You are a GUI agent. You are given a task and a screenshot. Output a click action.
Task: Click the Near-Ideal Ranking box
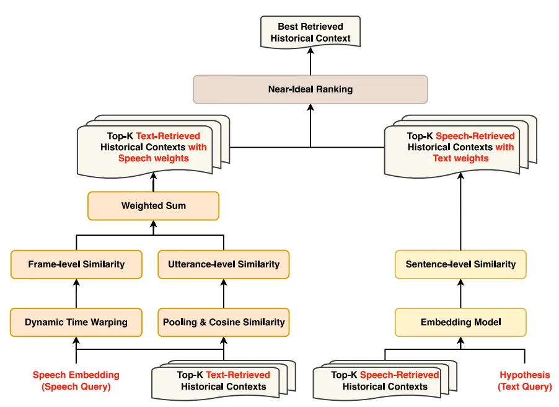click(x=310, y=89)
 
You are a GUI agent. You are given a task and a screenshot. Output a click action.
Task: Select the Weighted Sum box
click(x=153, y=206)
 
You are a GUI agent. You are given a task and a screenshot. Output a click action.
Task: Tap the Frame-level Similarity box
click(x=76, y=264)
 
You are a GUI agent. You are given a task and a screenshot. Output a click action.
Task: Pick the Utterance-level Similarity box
click(x=224, y=264)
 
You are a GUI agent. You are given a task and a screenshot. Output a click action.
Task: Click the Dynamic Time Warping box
click(x=76, y=323)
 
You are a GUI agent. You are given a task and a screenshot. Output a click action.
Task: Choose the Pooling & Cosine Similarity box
click(x=224, y=323)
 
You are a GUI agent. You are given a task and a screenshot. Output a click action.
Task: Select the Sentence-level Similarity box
click(x=460, y=264)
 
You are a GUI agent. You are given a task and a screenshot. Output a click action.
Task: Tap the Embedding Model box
click(x=460, y=323)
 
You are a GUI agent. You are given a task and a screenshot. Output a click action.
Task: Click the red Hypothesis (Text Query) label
click(x=524, y=380)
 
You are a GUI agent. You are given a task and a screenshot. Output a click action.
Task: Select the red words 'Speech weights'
click(x=153, y=158)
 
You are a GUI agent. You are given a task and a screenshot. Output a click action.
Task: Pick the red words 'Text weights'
click(x=460, y=158)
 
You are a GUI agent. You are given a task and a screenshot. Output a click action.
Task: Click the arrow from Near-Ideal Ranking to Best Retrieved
click(x=310, y=62)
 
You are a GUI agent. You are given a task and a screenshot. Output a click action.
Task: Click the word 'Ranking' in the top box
click(x=333, y=89)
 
